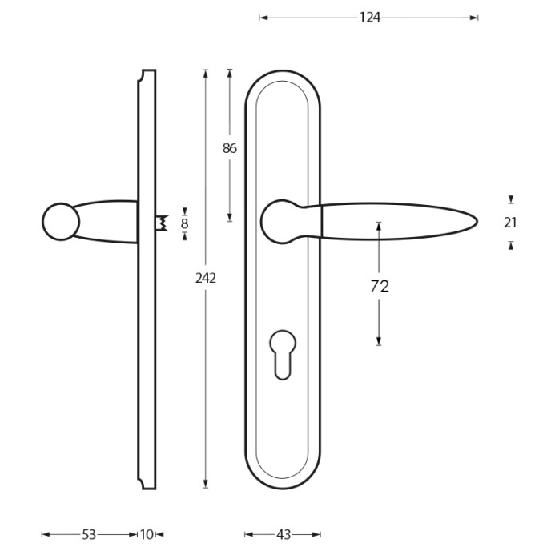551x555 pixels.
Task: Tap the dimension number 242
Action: (x=206, y=278)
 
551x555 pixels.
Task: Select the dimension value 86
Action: (x=230, y=148)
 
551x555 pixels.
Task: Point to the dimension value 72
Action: (x=379, y=286)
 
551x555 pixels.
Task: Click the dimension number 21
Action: (x=510, y=223)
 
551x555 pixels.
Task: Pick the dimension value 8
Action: (x=184, y=223)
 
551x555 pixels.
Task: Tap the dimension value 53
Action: (x=89, y=534)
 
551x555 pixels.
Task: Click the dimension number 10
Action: (x=147, y=534)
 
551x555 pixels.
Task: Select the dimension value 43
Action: (x=283, y=534)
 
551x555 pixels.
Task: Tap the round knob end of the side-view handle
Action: (x=60, y=222)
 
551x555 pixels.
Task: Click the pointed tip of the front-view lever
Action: (x=475, y=221)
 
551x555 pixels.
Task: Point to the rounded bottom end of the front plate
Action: (x=282, y=482)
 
